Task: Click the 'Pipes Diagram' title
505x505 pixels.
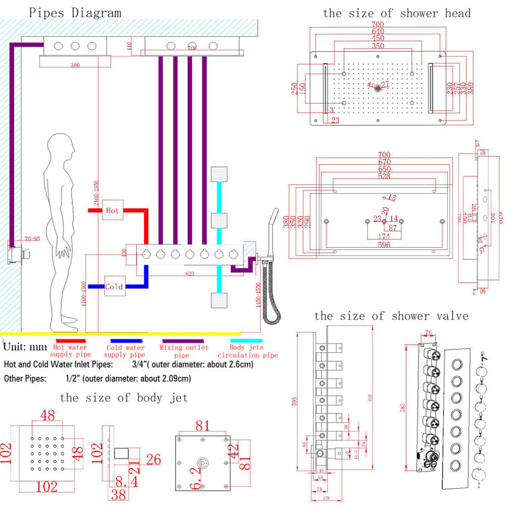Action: (65, 12)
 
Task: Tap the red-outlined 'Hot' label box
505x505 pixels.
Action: (112, 211)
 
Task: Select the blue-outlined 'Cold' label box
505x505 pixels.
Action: (114, 286)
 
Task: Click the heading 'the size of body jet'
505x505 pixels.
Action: (123, 397)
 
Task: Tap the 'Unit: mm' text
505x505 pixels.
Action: (25, 347)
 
